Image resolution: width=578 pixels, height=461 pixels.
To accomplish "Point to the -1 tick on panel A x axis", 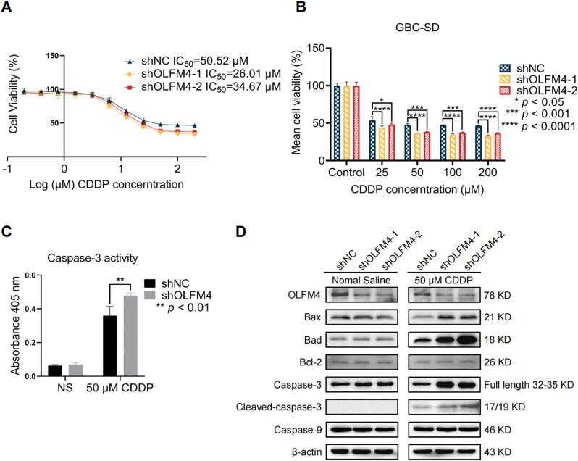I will [7, 167].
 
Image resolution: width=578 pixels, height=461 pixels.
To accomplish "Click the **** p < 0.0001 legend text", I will [534, 126].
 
